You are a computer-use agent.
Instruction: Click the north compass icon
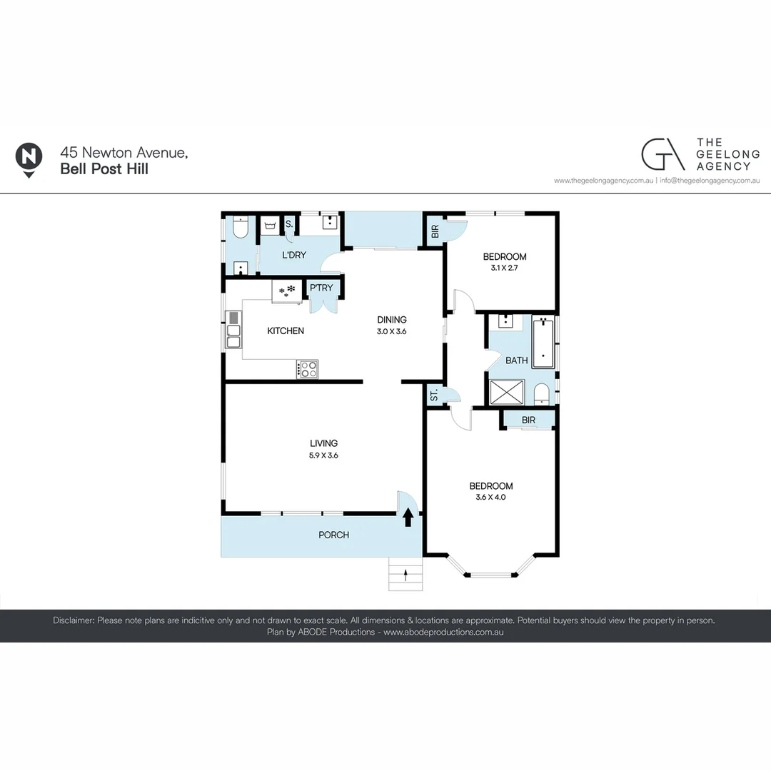[28, 158]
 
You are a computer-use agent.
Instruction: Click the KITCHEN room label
[286, 331]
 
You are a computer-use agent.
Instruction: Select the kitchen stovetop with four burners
[308, 369]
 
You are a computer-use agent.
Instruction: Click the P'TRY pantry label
[321, 288]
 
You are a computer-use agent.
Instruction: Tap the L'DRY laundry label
[294, 255]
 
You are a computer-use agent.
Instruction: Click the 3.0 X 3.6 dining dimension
[392, 331]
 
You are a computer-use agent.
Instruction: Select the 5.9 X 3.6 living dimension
[323, 455]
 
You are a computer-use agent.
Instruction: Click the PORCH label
[333, 535]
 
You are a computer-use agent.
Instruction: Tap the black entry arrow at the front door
[408, 517]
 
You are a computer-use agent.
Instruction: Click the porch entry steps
[405, 574]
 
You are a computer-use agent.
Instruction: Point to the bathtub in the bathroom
[543, 343]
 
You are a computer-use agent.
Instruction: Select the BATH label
[516, 361]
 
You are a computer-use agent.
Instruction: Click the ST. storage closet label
[434, 395]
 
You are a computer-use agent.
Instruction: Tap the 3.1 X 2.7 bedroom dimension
[505, 268]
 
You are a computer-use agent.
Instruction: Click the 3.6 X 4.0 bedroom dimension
[490, 498]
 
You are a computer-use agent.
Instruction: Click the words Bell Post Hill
[104, 169]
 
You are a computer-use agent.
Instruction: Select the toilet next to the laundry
[239, 228]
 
